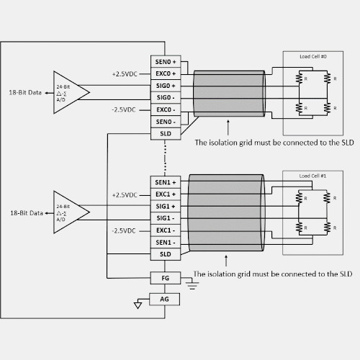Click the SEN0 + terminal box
point(166,62)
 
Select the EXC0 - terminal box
point(166,109)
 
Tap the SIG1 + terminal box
point(166,206)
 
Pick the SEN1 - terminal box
point(166,243)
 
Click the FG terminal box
point(166,278)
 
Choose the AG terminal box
point(164,299)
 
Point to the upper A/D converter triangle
point(71,92)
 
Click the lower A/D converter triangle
point(71,212)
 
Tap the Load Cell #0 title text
point(313,56)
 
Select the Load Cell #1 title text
point(312,176)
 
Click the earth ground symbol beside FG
point(192,285)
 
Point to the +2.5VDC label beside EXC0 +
point(125,74)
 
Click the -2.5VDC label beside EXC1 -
point(124,231)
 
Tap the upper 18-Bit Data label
point(25,93)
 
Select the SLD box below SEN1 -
point(166,254)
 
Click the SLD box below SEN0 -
point(166,134)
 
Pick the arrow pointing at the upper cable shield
point(228,127)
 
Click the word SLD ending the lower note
point(346,274)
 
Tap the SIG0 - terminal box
point(166,98)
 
